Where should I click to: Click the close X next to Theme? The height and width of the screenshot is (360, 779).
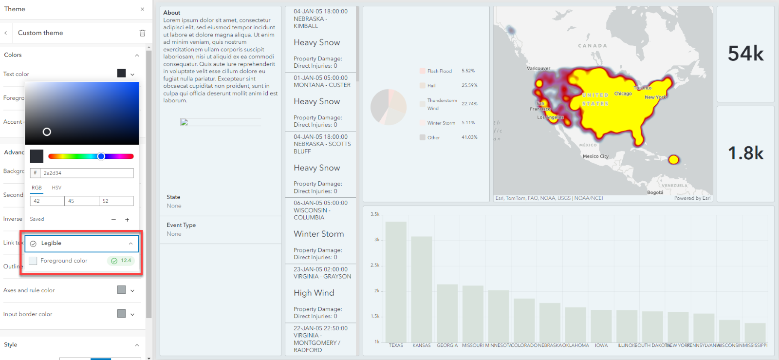[x=142, y=9]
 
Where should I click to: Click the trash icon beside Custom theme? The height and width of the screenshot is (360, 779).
[x=142, y=33]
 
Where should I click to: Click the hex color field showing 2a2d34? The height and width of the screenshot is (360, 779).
[x=86, y=173]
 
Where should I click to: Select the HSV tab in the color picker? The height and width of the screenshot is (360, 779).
[x=56, y=188]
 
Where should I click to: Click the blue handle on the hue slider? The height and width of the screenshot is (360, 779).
[x=101, y=156]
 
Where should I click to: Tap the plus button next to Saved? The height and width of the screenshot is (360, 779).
[x=127, y=220]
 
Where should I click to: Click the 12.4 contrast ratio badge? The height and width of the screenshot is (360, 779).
[x=121, y=261]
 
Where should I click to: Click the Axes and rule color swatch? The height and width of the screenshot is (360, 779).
[x=121, y=290]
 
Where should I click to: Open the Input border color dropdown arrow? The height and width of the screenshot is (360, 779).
[x=132, y=314]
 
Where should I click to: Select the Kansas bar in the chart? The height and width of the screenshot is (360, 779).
[x=421, y=289]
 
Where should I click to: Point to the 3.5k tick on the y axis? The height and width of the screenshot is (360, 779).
[x=374, y=214]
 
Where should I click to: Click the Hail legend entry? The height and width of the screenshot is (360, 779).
[x=431, y=86]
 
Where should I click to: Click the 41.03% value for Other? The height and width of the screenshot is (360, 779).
[x=469, y=137]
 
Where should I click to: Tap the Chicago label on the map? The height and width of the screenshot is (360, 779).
[x=623, y=94]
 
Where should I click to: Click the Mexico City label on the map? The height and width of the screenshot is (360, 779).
[x=595, y=156]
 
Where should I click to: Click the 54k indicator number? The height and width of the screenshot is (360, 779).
[x=745, y=54]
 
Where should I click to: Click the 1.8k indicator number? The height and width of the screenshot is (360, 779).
[x=745, y=153]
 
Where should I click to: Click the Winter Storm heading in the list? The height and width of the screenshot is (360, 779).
[x=318, y=234]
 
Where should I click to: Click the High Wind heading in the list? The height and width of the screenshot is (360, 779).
[x=314, y=293]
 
